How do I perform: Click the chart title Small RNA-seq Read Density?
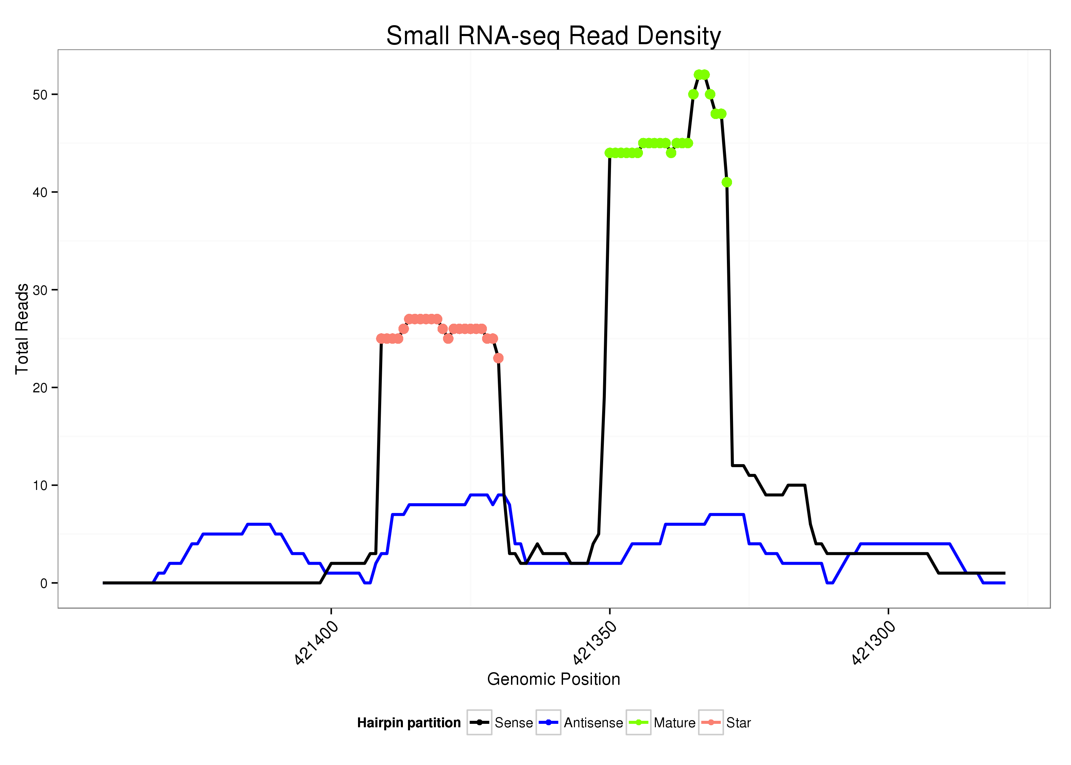tap(554, 36)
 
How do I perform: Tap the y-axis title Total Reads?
tap(22, 329)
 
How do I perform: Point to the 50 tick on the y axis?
tap(40, 95)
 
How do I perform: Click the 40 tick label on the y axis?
tap(40, 192)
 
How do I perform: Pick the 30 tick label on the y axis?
tap(40, 290)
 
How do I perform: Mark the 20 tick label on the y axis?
tap(40, 388)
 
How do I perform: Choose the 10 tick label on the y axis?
tap(40, 486)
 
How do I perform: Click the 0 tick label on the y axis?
tap(44, 583)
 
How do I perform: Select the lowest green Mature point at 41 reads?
tap(727, 182)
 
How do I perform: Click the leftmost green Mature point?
tap(609, 153)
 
